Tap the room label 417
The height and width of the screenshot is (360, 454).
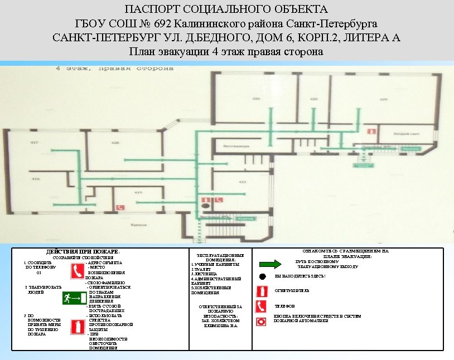(x=35, y=143)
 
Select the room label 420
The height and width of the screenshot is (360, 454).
(x=115, y=143)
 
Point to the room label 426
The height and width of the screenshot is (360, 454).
(x=256, y=99)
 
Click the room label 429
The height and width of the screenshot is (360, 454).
(x=384, y=99)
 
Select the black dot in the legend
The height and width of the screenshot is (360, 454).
(x=261, y=276)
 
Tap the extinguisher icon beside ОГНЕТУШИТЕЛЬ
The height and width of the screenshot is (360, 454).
(x=260, y=291)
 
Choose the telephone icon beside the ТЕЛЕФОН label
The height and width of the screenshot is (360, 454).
(x=260, y=306)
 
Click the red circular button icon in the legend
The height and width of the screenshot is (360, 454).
(x=260, y=321)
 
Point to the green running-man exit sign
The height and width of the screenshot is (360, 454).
(x=74, y=299)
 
